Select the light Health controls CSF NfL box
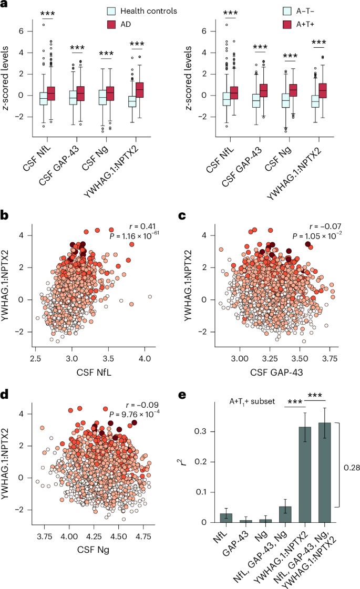[x=43, y=98]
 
